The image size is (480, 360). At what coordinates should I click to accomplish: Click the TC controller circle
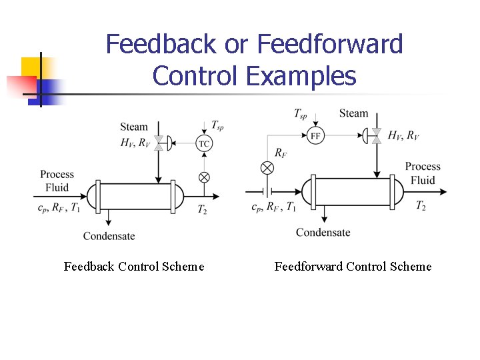point(205,143)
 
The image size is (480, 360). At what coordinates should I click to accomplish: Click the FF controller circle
point(316,135)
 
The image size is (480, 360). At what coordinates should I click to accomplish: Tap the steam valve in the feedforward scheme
point(376,135)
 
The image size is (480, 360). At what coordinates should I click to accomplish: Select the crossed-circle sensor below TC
point(205,177)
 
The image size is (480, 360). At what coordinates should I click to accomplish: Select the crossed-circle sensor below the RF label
point(267,167)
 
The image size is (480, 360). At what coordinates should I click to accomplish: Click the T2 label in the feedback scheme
point(203,209)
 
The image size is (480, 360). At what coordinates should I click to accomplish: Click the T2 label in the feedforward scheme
point(421,206)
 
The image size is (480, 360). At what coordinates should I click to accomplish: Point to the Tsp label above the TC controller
point(217,125)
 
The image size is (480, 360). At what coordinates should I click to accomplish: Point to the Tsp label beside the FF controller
point(301,113)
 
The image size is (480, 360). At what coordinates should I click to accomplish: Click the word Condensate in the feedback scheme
point(109,235)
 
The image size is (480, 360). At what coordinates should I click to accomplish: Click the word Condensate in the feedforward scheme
point(323,232)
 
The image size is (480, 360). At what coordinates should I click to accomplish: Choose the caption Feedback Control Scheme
point(134,267)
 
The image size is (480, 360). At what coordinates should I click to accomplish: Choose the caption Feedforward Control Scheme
point(353,267)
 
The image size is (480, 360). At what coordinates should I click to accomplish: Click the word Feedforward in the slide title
point(330,45)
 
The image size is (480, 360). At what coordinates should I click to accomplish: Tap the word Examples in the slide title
point(301,76)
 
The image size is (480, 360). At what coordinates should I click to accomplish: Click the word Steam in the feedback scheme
point(134,127)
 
